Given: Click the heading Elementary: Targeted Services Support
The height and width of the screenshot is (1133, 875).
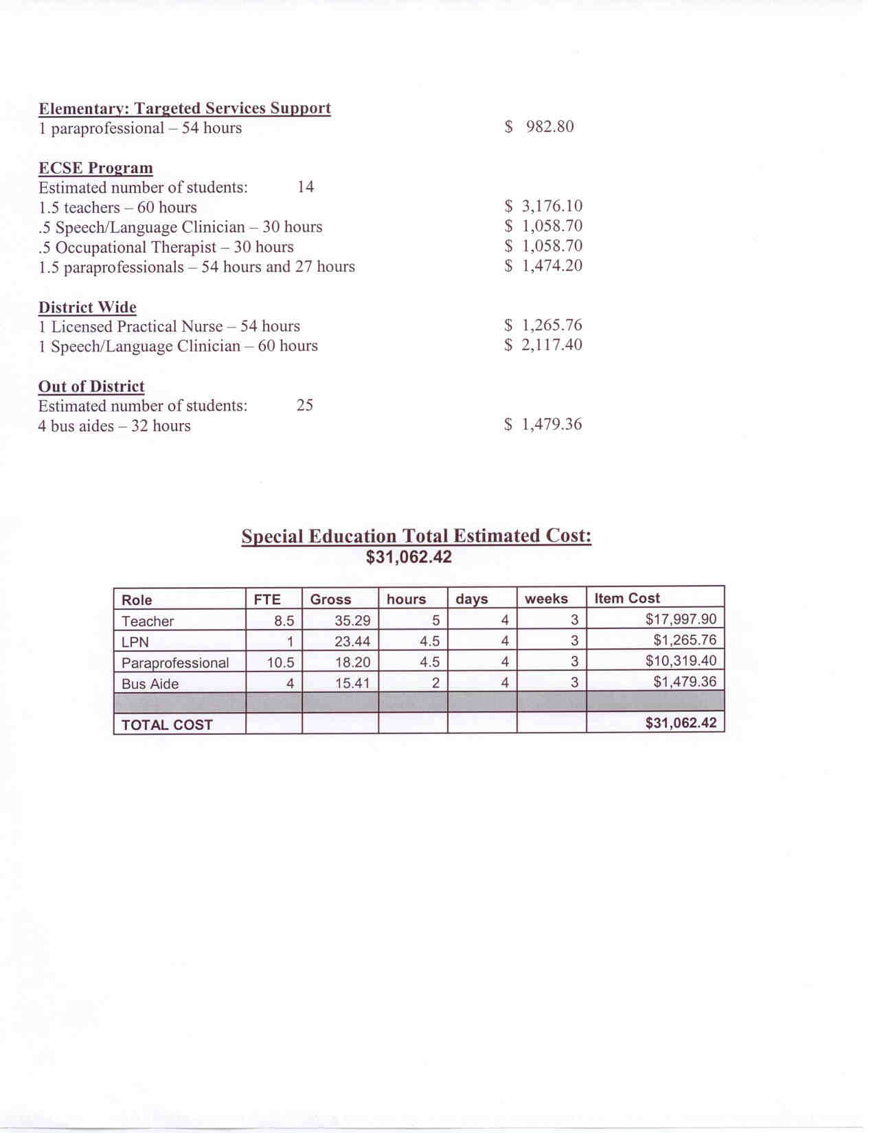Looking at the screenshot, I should tap(184, 108).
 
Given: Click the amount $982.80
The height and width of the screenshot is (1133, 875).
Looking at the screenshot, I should tap(540, 127).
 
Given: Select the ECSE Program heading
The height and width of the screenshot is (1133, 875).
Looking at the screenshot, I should tap(95, 168).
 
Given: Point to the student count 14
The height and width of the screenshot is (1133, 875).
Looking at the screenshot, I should tap(306, 187).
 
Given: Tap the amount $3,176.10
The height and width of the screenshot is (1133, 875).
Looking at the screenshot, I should tap(543, 206).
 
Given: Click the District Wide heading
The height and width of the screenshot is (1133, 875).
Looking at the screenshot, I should tap(87, 307).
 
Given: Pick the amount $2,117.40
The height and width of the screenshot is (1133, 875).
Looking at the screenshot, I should tap(543, 345).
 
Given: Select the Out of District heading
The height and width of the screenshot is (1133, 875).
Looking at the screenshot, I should tap(91, 386).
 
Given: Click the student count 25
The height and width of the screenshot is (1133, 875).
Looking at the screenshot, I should tap(305, 405).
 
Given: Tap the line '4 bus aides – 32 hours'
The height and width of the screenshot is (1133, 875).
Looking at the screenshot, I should tap(115, 426).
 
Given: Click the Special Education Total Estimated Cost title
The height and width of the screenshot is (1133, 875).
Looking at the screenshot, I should tap(416, 536).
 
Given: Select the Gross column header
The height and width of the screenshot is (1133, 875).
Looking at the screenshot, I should tap(330, 599).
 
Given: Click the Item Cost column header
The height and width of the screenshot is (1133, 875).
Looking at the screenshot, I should tap(627, 598).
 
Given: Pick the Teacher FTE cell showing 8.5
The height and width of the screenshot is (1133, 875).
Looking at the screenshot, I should tap(284, 621).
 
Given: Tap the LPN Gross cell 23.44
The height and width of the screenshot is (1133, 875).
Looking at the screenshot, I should tap(352, 641).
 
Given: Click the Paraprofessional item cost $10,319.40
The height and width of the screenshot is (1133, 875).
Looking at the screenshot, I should tap(681, 661).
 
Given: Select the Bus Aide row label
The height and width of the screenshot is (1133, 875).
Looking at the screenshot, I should tap(150, 684).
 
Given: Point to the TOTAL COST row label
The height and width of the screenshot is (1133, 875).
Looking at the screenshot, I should tap(167, 724).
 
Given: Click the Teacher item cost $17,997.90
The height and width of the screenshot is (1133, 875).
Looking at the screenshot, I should tap(681, 619).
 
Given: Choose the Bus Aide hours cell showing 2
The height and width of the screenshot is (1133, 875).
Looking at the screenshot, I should tap(435, 683).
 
